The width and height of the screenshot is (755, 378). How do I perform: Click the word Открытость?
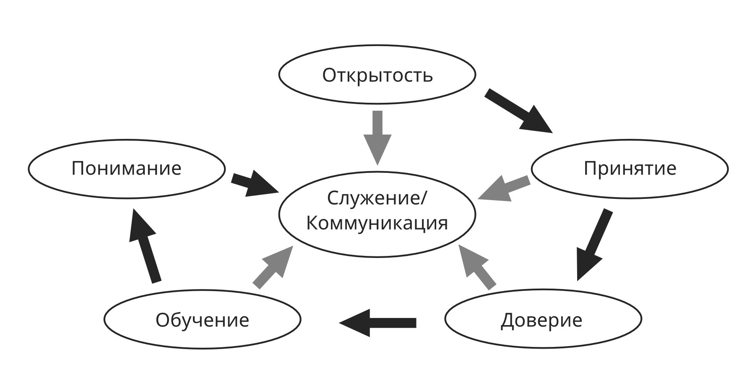377,75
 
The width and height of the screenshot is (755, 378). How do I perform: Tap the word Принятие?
630,168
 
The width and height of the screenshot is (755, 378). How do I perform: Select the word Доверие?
542,320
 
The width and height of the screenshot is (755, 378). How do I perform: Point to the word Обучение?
202,320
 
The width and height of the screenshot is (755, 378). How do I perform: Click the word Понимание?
126,168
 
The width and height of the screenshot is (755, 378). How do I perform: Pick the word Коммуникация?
377,223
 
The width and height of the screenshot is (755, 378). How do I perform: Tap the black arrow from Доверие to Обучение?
377,323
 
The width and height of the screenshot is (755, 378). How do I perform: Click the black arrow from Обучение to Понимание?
144,245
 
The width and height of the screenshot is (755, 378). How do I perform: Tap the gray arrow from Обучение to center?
273,267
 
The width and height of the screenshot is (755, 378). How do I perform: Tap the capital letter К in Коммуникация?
312,223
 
